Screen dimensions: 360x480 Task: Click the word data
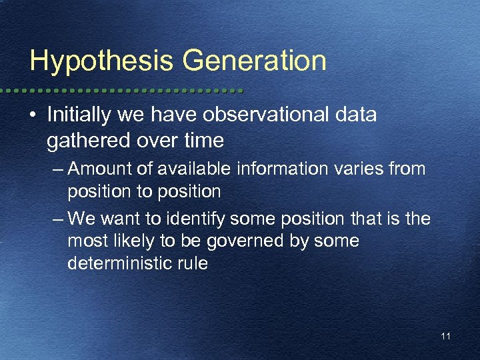point(356,115)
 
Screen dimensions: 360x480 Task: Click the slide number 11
point(445,337)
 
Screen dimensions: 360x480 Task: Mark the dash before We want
point(57,219)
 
